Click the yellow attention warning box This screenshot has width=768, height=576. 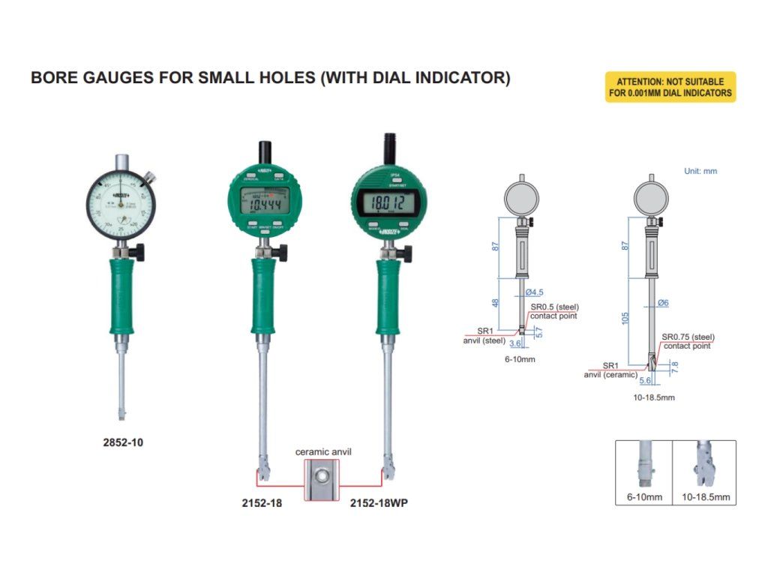click(670, 87)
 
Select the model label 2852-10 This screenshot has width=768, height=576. click(123, 442)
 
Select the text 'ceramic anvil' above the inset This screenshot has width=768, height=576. click(323, 451)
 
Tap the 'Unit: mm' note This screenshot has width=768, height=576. click(700, 171)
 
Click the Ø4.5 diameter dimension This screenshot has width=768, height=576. click(535, 292)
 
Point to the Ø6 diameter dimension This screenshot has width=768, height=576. click(662, 302)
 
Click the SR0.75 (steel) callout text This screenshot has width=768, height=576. click(688, 337)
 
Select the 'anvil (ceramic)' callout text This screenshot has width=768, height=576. click(611, 374)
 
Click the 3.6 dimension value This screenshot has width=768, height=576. click(514, 343)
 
